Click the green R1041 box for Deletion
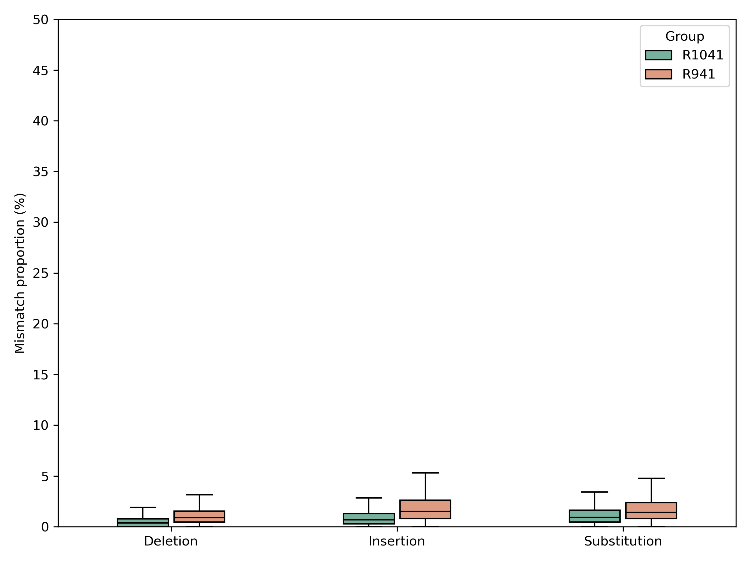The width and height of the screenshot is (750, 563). coord(143,523)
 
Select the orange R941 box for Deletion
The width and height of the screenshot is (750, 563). coord(199,516)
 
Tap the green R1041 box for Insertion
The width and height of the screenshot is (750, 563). coord(368,519)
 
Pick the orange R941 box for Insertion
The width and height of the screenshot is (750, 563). coord(425,510)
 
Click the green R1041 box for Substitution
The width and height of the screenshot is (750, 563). coord(595,516)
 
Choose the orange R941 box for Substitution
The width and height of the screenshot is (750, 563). coord(651,510)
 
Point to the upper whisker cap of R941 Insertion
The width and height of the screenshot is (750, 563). coord(425,473)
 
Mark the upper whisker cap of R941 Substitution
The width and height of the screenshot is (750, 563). coord(651,478)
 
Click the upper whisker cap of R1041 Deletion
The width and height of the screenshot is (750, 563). coord(143,507)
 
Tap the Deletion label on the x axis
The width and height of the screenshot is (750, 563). coord(171,541)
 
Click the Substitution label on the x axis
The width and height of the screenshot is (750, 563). coord(623,541)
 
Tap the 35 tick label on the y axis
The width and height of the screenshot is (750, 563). coord(41,172)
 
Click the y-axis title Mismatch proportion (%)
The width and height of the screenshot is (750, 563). coord(20,273)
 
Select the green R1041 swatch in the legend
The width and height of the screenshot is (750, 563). coord(658,55)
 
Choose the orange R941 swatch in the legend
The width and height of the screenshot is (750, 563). coord(658,74)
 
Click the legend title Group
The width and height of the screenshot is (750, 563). coord(685,36)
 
